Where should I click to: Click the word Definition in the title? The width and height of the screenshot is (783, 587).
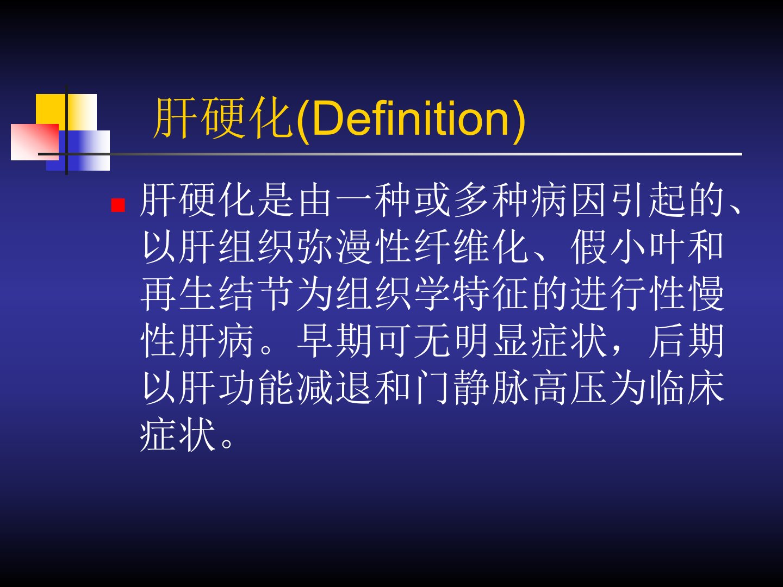tap(411, 118)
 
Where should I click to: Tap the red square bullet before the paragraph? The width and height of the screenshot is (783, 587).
tap(118, 205)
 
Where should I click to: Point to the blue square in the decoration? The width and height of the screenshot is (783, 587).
tap(78, 151)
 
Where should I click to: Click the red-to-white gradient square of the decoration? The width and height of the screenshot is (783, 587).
tap(35, 142)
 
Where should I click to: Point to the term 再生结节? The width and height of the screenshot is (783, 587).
tap(217, 293)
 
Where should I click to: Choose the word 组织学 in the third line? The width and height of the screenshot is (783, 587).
tap(393, 293)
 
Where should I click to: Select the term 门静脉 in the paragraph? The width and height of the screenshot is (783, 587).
tap(470, 388)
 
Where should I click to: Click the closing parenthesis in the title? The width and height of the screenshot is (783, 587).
tap(519, 121)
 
